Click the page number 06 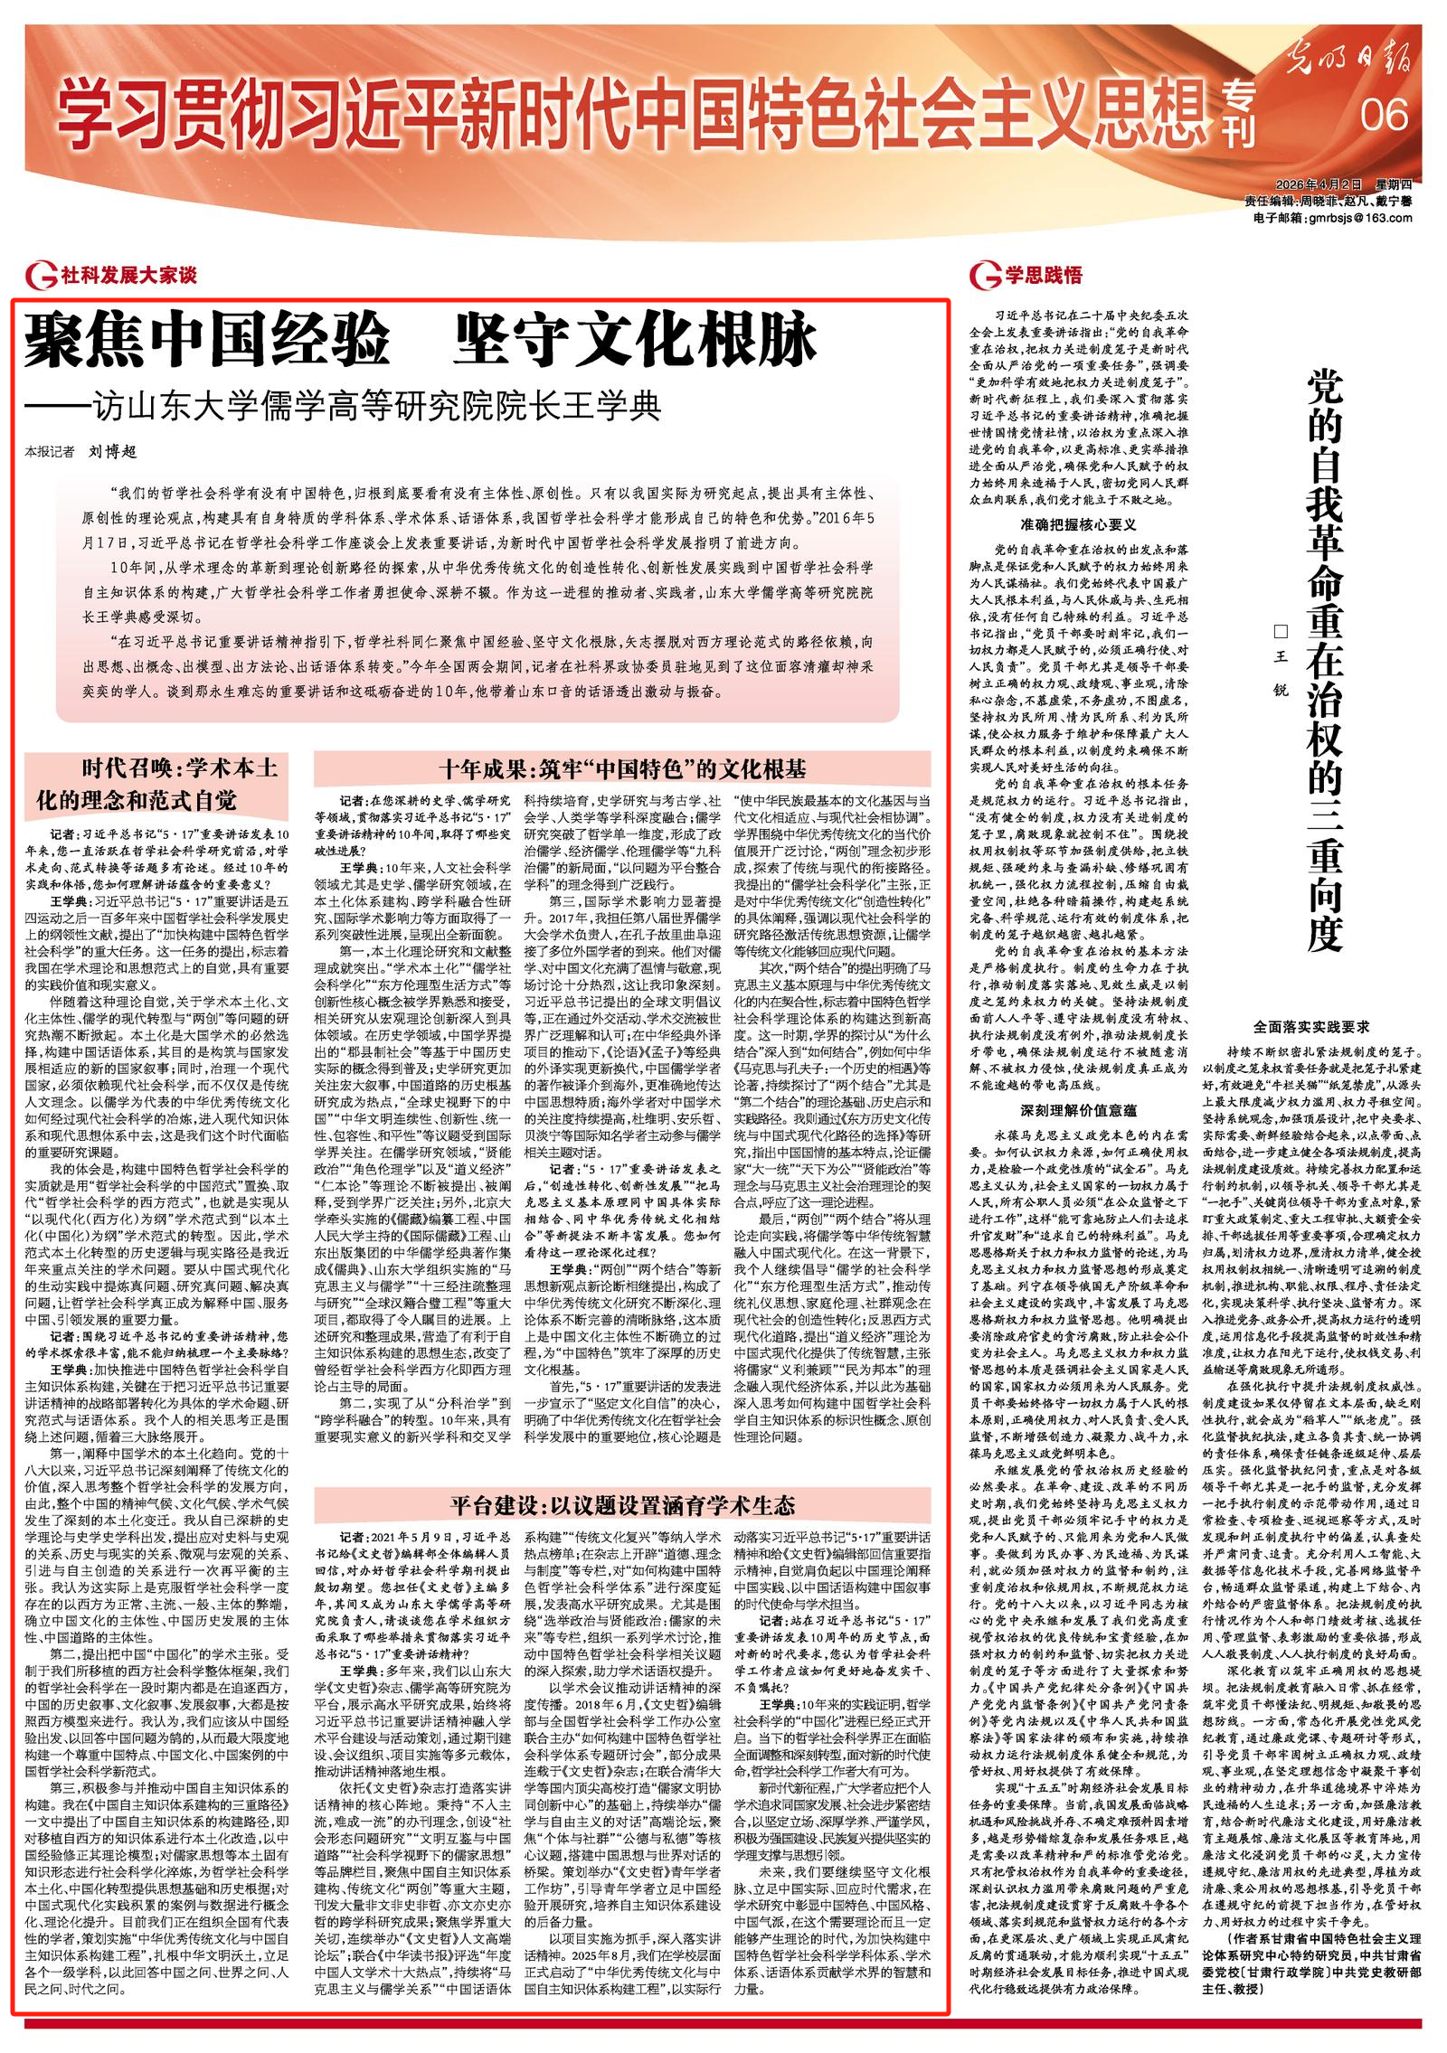coord(1385,116)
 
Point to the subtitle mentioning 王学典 coord(344,403)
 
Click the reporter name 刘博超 coord(112,449)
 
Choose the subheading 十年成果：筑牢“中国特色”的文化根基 coord(623,768)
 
